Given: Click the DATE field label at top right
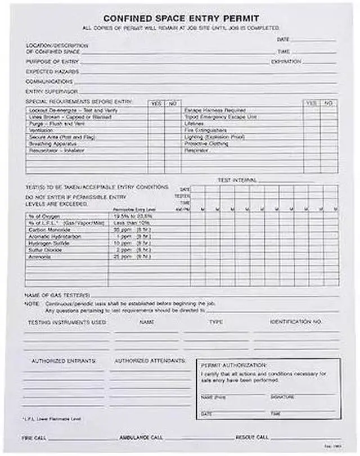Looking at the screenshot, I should point(283,40).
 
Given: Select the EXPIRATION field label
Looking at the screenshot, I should point(286,62).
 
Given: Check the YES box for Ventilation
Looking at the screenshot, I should point(156,130).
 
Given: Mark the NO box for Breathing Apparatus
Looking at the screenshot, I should point(171,144).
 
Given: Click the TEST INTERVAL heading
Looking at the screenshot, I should point(237,180).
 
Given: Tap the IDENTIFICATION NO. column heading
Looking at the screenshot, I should point(295,322).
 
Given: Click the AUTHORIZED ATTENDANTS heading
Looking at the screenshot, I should point(150,360).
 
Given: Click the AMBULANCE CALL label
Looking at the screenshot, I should point(141,437).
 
